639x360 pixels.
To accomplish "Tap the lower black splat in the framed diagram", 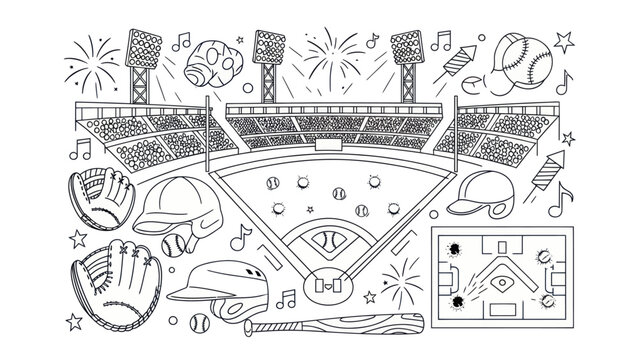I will [457, 299].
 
